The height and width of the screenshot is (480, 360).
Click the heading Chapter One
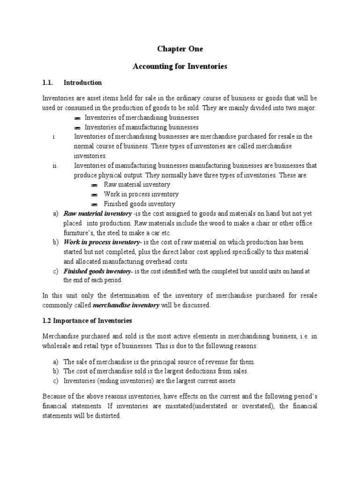pyautogui.click(x=180, y=49)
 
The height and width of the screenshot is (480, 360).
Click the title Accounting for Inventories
pyautogui.click(x=180, y=67)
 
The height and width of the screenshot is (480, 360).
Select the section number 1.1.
pyautogui.click(x=48, y=82)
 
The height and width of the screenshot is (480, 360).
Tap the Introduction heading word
pyautogui.click(x=82, y=82)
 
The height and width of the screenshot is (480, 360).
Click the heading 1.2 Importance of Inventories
pyautogui.click(x=88, y=321)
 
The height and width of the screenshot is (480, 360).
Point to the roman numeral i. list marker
pyautogui.click(x=54, y=136)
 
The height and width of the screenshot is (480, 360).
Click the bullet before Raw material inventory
pyautogui.click(x=95, y=185)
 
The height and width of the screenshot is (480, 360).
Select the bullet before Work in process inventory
pyautogui.click(x=95, y=195)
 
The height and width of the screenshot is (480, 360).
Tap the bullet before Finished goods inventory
pyautogui.click(x=95, y=204)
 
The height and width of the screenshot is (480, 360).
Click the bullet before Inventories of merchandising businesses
pyautogui.click(x=77, y=118)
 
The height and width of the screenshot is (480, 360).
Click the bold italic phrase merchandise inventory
pyautogui.click(x=123, y=305)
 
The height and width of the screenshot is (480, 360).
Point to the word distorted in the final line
pyautogui.click(x=106, y=415)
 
